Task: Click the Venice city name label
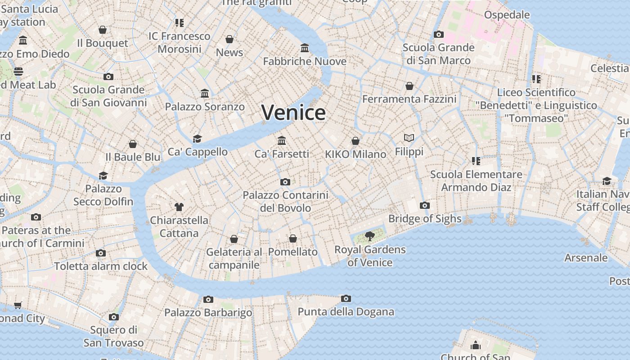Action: coord(293,112)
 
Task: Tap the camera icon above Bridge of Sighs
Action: coord(424,206)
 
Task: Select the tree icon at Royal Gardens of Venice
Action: coord(369,236)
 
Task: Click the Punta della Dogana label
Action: coord(346,312)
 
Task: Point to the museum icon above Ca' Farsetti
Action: coord(282,140)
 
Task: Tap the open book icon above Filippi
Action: coord(409,138)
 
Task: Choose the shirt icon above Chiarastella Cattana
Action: coord(179,207)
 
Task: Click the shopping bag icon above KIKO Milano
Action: coord(355,141)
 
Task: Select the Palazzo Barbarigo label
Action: coord(208,312)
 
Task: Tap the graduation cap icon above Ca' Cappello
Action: coord(197,139)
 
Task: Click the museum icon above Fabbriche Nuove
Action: coord(305,48)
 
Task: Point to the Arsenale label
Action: coord(586,258)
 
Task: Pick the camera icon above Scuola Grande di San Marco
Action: coord(438,34)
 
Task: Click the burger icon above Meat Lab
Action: coord(18,72)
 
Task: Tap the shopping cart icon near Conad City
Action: coord(18,306)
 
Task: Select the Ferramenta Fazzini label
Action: coord(409,99)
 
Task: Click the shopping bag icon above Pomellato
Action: coord(293,238)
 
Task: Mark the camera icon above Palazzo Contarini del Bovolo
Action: coord(285,182)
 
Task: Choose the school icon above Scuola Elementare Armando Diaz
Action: coord(476,161)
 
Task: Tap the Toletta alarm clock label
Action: coord(101,266)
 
